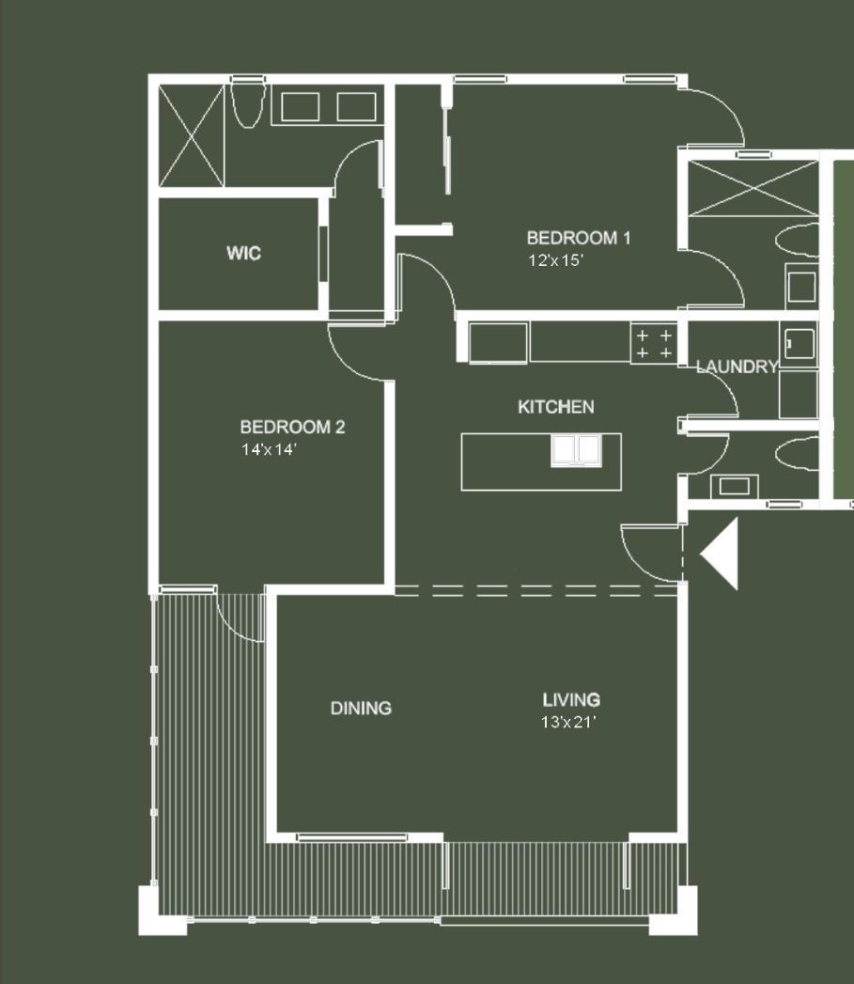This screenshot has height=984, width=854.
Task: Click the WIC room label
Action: (243, 253)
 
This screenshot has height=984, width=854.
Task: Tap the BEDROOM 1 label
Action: (578, 238)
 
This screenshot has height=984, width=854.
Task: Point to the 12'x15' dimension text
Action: (556, 260)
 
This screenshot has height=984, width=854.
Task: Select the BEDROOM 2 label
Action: (292, 428)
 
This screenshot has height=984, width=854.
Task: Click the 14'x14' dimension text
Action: (269, 450)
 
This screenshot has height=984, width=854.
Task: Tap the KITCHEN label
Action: (556, 406)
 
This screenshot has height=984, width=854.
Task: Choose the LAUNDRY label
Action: (737, 367)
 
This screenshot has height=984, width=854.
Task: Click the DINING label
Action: (361, 708)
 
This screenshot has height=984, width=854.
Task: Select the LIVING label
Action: (571, 699)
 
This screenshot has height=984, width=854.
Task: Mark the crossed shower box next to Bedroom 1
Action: (753, 189)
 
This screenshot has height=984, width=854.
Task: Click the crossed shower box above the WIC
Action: (192, 135)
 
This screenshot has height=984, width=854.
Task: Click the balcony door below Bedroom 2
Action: (241, 618)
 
